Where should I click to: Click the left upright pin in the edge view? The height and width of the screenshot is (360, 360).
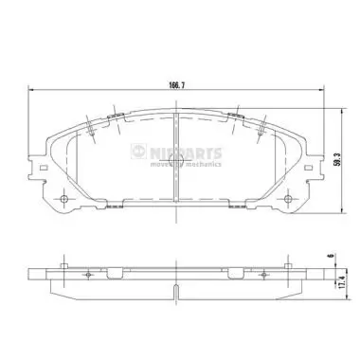coord(63,264)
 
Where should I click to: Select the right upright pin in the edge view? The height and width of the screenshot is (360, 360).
coord(296,264)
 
